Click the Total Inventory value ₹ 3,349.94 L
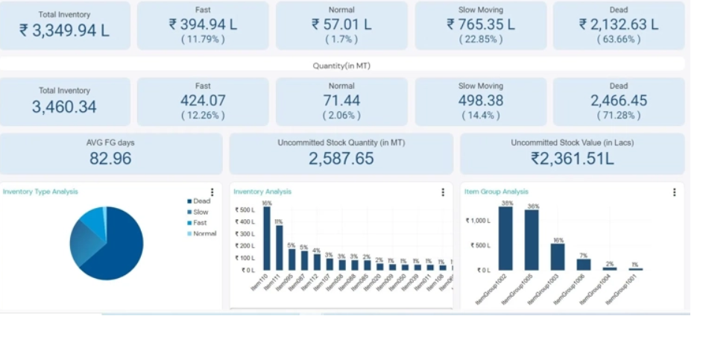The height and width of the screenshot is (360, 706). pyautogui.click(x=65, y=31)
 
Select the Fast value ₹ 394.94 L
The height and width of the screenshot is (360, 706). pyautogui.click(x=203, y=25)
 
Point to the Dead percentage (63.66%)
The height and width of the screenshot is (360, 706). pyautogui.click(x=618, y=40)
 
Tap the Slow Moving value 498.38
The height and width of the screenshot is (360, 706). pyautogui.click(x=480, y=101)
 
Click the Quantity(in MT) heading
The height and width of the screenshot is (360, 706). pyautogui.click(x=341, y=66)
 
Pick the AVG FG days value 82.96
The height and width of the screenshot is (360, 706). pyautogui.click(x=110, y=158)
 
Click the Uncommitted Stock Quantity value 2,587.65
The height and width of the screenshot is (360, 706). pyautogui.click(x=341, y=158)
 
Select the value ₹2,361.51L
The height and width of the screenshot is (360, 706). pyautogui.click(x=572, y=158)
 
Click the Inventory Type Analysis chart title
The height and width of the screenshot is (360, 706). pyautogui.click(x=40, y=192)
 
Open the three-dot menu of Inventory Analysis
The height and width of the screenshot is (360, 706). pyautogui.click(x=443, y=192)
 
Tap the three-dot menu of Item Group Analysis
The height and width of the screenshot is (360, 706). pyautogui.click(x=675, y=192)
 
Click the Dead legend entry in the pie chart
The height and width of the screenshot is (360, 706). pyautogui.click(x=201, y=201)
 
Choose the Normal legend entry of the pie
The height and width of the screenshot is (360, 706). pyautogui.click(x=204, y=233)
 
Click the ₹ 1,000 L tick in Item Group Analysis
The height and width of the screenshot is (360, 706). pyautogui.click(x=478, y=221)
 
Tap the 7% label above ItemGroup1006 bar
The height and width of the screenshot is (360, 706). pyautogui.click(x=584, y=255)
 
